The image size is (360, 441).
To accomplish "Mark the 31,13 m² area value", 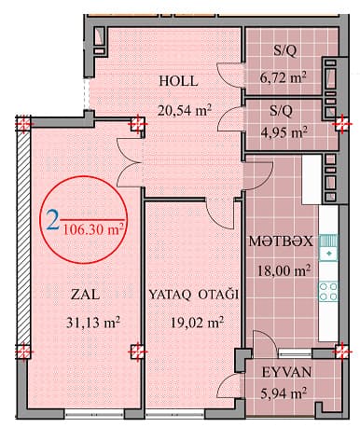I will click(x=91, y=324).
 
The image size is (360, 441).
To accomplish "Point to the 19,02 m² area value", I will click(x=197, y=324).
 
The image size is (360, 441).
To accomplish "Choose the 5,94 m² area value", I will click(x=286, y=393).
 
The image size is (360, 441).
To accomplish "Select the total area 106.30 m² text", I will click(x=94, y=226).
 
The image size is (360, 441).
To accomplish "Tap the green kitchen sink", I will click(x=327, y=246).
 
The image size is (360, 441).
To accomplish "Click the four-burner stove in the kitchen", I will click(x=327, y=289).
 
